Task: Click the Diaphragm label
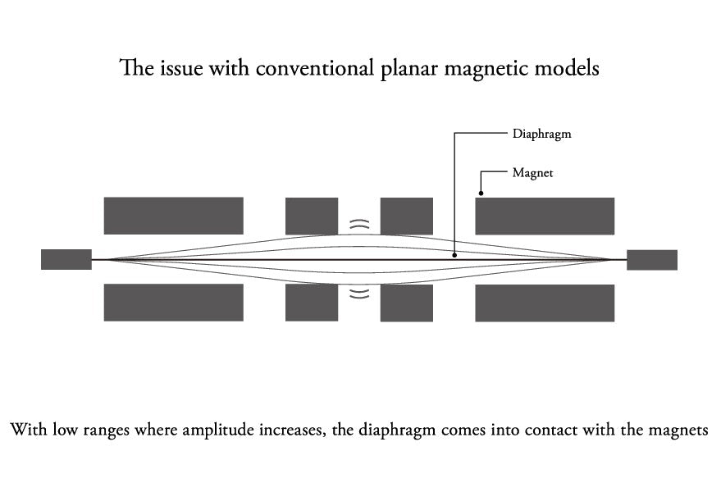point(541,134)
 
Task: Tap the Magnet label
point(532,173)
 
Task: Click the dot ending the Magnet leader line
point(481,194)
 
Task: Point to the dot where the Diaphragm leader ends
point(454,255)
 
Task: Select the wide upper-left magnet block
point(173,216)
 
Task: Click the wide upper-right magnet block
point(545,216)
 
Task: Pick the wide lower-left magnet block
point(173,302)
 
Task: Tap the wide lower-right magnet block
point(545,303)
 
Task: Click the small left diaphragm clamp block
point(66,259)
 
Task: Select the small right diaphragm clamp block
point(652,260)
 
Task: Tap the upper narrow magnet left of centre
point(312,216)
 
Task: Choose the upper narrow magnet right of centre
point(407,216)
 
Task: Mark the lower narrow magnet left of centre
point(312,303)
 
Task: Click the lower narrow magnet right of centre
point(407,303)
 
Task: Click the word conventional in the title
point(314,69)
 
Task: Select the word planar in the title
point(409,71)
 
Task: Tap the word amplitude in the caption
point(218,430)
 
